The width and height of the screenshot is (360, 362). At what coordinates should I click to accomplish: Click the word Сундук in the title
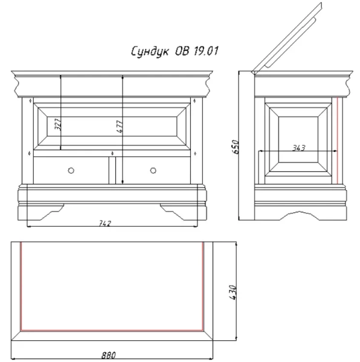(150, 51)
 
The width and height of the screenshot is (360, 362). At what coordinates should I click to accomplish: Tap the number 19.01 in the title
(205, 51)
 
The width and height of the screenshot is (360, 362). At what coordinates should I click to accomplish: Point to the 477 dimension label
(120, 127)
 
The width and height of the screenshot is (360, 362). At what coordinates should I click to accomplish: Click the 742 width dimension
(105, 223)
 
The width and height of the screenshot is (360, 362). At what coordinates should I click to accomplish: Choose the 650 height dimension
(235, 147)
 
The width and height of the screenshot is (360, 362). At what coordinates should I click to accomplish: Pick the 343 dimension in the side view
(299, 148)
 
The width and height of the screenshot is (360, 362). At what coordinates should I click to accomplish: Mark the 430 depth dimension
(233, 293)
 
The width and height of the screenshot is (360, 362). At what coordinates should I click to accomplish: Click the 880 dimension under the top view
(109, 355)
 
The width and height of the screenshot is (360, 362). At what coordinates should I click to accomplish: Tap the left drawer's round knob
(71, 171)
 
